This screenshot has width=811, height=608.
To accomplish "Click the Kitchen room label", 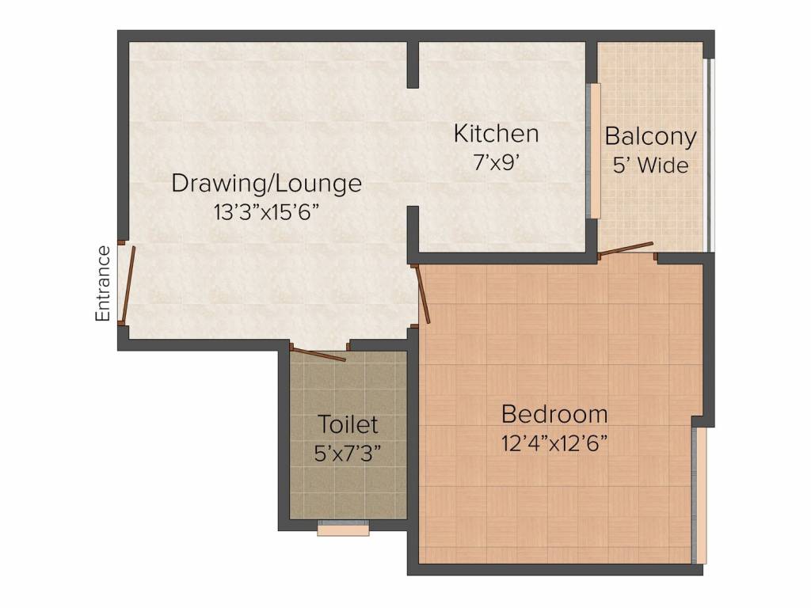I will point(496,134).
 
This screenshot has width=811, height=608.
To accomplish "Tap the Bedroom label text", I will point(554,413).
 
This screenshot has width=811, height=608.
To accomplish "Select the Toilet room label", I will point(348,424).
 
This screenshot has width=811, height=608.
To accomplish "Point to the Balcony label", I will point(650,136).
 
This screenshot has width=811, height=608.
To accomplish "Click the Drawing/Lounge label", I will point(267,184).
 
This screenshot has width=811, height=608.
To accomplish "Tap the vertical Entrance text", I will point(103,283).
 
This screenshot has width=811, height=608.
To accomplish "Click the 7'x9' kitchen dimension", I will point(496,162).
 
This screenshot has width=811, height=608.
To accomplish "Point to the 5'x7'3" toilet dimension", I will point(348,454).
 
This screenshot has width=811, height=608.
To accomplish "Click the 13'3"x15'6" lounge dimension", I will point(267,212).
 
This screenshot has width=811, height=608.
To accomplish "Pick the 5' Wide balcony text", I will point(650,166).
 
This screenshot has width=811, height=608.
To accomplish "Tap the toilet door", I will point(318,353).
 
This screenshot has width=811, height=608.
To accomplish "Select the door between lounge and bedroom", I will point(422,294).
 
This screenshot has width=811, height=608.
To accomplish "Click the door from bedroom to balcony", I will point(626,249).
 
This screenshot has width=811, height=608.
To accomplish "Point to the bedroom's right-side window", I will point(698,496).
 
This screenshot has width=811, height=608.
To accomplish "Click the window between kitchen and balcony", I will point(592,150).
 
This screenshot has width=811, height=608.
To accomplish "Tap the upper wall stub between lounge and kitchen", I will point(412,63).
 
